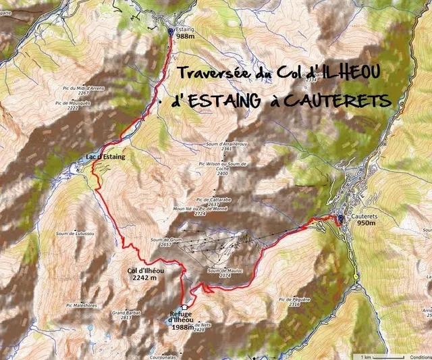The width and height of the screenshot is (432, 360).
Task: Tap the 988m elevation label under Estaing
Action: pyautogui.click(x=184, y=37)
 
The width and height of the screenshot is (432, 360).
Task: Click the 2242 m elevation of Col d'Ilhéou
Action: pyautogui.click(x=144, y=277)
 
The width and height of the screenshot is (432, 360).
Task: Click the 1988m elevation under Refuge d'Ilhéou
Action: pyautogui.click(x=183, y=328)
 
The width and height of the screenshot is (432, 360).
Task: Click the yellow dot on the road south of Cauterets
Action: pyautogui.click(x=356, y=277)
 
